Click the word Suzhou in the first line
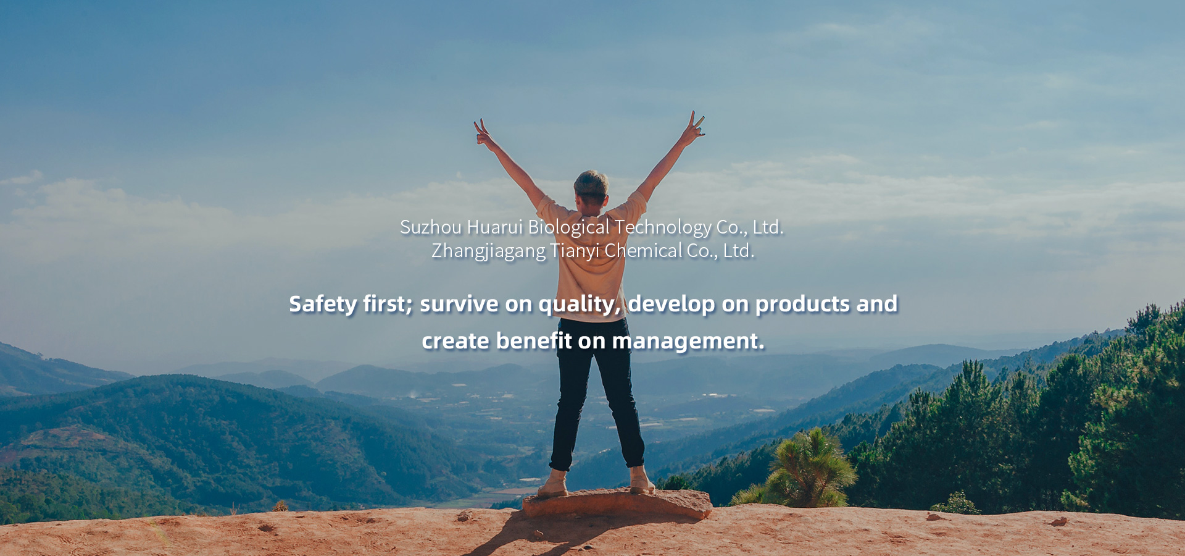coord(431,227)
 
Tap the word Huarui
coord(495,227)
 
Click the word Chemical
coord(643,250)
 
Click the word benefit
coord(534,341)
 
